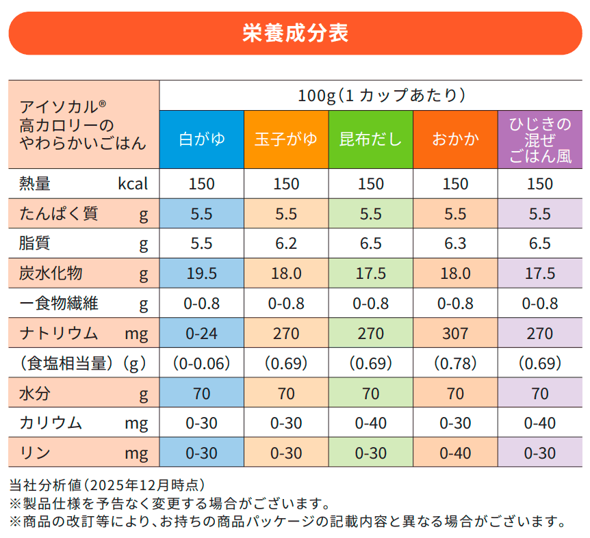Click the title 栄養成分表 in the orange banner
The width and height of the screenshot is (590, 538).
point(295,33)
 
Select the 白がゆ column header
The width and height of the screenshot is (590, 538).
point(201,139)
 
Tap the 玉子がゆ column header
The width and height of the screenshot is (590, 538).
point(286,139)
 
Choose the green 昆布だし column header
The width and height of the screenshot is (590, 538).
point(370,139)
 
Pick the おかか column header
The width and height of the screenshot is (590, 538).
point(455,139)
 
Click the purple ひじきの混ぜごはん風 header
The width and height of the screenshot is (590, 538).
point(540,139)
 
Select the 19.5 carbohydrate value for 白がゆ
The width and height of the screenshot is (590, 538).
point(201,273)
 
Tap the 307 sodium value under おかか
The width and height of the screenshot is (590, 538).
point(455,334)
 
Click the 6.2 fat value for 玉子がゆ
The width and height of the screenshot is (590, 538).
point(286,243)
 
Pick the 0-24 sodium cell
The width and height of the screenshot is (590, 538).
point(201,334)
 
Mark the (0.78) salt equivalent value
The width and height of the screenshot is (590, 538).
point(455,363)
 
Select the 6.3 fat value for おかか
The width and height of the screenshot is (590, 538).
point(455,243)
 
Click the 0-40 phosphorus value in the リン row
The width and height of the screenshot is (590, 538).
point(455,453)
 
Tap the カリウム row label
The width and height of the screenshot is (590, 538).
point(51,423)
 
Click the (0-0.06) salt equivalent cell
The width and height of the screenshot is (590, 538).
point(201,363)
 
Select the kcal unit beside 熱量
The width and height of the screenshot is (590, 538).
point(133,184)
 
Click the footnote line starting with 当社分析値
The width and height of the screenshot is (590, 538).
point(107,485)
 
